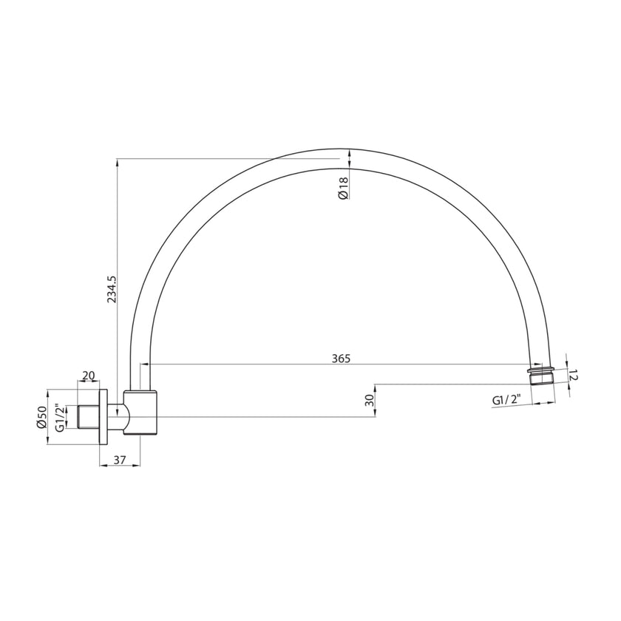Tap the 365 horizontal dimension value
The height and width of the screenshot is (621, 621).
[x=341, y=358]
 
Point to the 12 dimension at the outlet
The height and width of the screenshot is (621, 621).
[x=575, y=376]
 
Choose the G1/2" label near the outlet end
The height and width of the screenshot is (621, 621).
[x=507, y=400]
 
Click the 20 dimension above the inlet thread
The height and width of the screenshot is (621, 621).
[x=89, y=376]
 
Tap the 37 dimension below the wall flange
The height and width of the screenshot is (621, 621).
[x=120, y=460]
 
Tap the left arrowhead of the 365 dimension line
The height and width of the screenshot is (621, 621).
[x=143, y=364]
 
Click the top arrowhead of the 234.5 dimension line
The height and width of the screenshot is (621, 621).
[x=117, y=162]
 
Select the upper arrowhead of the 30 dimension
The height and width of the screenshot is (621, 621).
[x=376, y=387]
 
